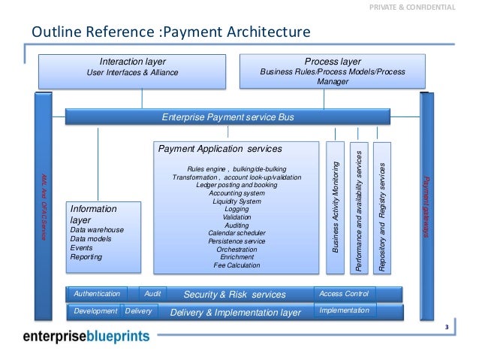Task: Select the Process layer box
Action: point(333,70)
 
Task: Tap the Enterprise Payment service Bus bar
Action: point(228,117)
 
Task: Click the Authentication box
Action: point(95,293)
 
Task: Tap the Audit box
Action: point(152,293)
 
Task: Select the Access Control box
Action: point(343,293)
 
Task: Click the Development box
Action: point(95,311)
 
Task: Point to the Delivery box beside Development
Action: point(138,311)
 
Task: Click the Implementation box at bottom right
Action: point(344,310)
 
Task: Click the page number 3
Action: point(446,327)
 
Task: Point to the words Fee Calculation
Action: point(236,265)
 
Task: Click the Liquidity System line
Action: point(236,201)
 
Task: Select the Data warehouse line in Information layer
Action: point(97,230)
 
